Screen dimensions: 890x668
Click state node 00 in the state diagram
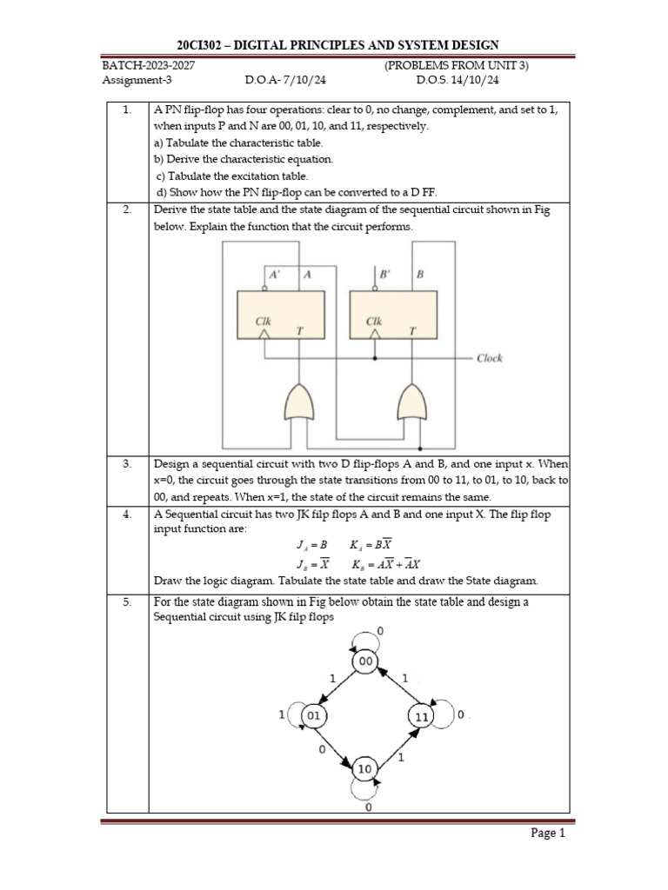coord(365,662)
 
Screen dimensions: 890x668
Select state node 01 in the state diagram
coord(314,715)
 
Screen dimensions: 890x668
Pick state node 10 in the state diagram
coord(365,769)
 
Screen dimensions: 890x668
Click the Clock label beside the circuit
coord(490,358)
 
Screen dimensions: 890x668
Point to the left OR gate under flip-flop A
coord(299,402)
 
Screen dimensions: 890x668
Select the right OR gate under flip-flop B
coord(411,402)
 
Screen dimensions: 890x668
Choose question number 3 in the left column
coord(127,464)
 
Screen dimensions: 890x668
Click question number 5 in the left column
coord(127,601)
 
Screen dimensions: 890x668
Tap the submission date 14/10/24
coord(476,81)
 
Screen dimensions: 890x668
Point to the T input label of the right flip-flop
coord(413,330)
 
